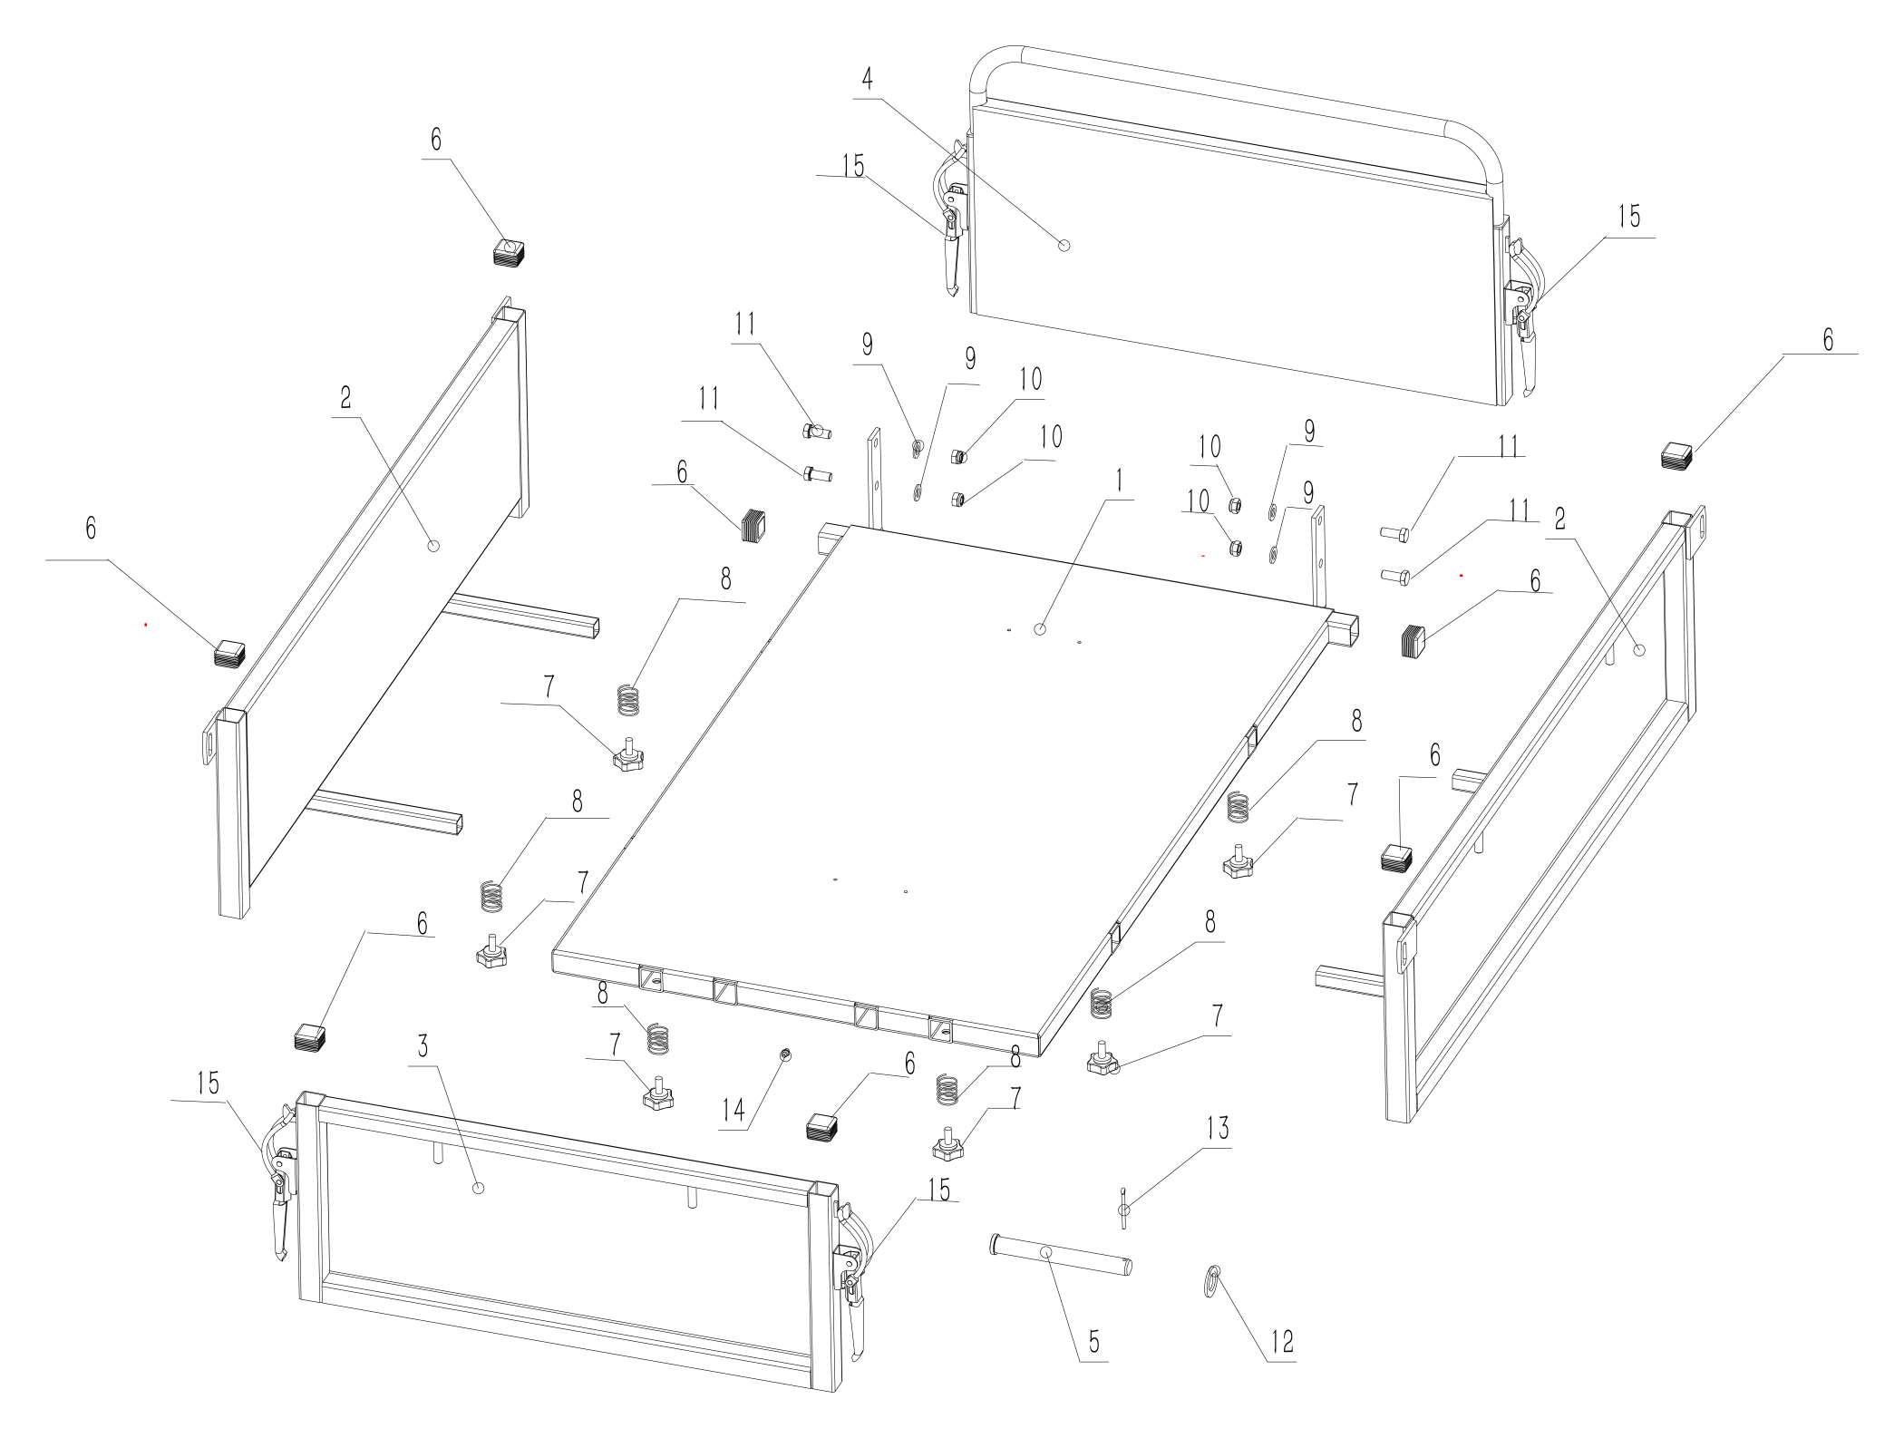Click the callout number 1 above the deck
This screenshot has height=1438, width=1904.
pyautogui.click(x=1120, y=481)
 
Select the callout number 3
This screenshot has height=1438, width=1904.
pyautogui.click(x=423, y=1045)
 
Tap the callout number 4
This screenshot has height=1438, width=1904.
pyautogui.click(x=868, y=79)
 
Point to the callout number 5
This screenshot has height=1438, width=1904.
pyautogui.click(x=1094, y=1341)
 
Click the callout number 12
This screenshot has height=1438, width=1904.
pyautogui.click(x=1282, y=1341)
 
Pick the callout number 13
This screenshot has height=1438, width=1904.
pyautogui.click(x=1218, y=1128)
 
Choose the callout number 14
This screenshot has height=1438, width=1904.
pyautogui.click(x=733, y=1109)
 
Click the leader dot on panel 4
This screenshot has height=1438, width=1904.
pyautogui.click(x=1064, y=245)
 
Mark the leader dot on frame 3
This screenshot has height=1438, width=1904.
pyautogui.click(x=480, y=1188)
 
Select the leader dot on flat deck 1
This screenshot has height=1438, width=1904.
pyautogui.click(x=1041, y=628)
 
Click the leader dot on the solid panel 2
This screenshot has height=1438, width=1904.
pyautogui.click(x=433, y=545)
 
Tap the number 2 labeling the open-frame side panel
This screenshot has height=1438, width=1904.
pyautogui.click(x=1559, y=519)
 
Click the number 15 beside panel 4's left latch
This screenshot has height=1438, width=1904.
pyautogui.click(x=852, y=166)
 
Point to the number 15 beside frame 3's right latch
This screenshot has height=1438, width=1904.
pyautogui.click(x=938, y=1190)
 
